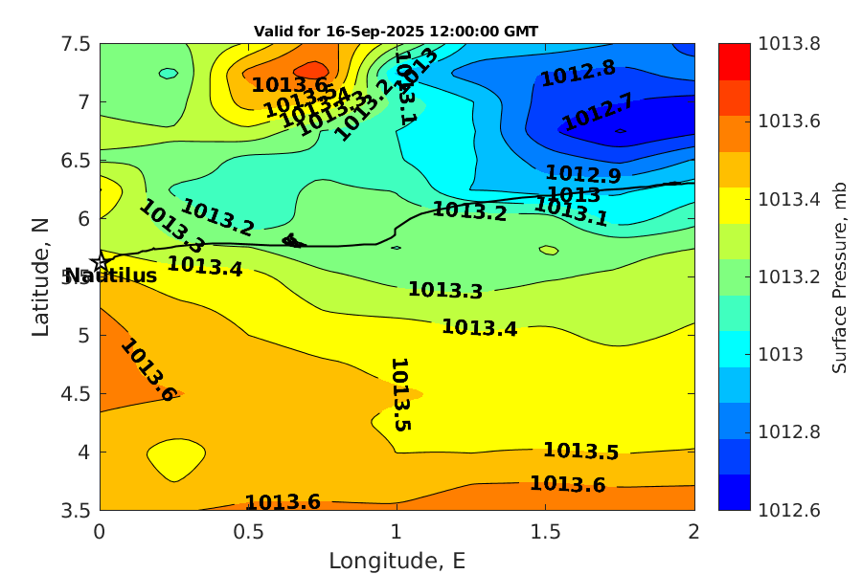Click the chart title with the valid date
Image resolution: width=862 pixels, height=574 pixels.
pos(396,31)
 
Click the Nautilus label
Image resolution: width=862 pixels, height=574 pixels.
pos(110,276)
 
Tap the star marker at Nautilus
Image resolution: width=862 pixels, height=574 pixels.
pos(101,263)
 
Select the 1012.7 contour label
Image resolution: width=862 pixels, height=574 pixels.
pos(598,112)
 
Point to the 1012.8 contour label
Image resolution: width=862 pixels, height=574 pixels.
pos(578,74)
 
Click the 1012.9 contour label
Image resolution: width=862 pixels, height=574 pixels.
pos(582,175)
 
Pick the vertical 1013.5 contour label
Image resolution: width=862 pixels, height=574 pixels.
pos(400,394)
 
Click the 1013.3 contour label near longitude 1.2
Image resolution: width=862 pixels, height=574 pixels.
pos(444,290)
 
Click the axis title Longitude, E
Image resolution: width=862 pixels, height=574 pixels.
pos(397,561)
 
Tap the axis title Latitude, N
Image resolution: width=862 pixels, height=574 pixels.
pos(40,276)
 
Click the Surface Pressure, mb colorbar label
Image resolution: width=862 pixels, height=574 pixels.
pos(839,276)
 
